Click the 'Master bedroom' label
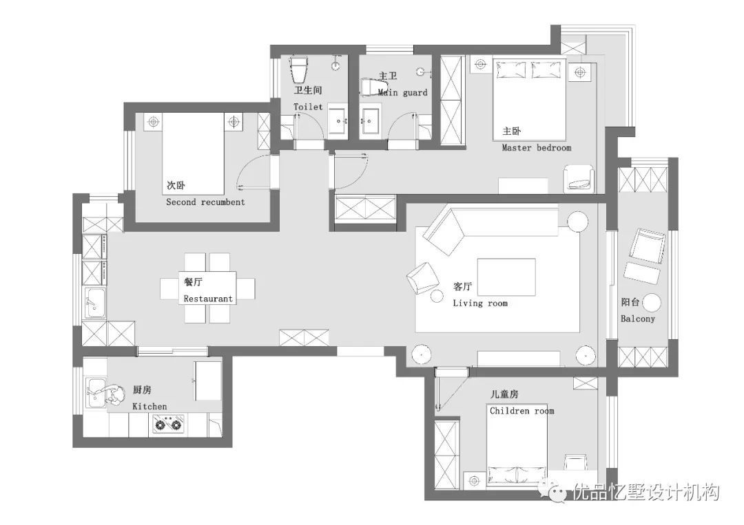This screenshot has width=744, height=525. point(537,147)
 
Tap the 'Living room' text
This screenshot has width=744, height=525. point(480,303)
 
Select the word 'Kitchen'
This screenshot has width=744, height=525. point(149,406)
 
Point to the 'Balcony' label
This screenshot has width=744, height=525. point(638,319)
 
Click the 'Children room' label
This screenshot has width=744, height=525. point(522,410)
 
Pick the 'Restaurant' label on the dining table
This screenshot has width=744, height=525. point(208,299)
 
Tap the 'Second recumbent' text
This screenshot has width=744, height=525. point(205,202)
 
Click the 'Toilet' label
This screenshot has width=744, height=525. point(308,107)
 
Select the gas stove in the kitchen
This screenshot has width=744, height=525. point(169,424)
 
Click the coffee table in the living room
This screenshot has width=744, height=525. point(506,279)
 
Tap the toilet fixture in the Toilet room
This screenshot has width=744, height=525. point(299,69)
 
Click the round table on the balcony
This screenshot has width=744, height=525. point(652,302)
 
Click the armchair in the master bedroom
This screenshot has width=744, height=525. point(579,179)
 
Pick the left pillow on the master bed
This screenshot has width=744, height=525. point(511,69)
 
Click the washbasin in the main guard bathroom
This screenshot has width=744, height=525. point(370,121)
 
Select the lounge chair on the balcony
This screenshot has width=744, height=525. point(647,245)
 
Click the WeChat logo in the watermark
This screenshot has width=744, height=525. point(556,491)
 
